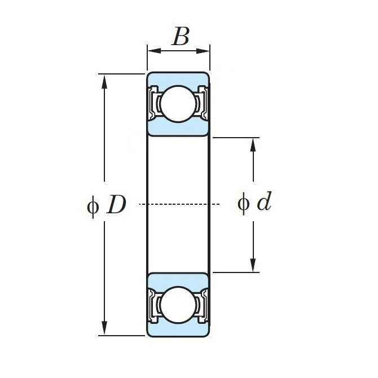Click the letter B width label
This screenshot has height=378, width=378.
pyautogui.click(x=181, y=37)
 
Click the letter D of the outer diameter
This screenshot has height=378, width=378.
pyautogui.click(x=116, y=204)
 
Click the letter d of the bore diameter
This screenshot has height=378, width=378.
pyautogui.click(x=265, y=201)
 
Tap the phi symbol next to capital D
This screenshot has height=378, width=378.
pyautogui.click(x=93, y=206)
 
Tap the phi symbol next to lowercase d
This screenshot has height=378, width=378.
pyautogui.click(x=244, y=204)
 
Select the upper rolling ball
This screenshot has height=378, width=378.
pyautogui.click(x=178, y=104)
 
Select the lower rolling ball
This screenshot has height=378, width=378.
pyautogui.click(x=178, y=305)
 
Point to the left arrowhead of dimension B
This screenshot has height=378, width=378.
pyautogui.click(x=154, y=51)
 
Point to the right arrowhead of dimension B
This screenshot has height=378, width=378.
pyautogui.click(x=203, y=51)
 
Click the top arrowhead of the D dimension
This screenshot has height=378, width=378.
pyautogui.click(x=104, y=82)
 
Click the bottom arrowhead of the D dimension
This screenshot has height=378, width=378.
pyautogui.click(x=104, y=328)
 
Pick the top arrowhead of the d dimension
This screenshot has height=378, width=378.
pyautogui.click(x=253, y=145)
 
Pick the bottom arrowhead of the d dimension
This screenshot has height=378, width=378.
pyautogui.click(x=253, y=265)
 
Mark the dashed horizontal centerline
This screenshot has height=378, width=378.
pyautogui.click(x=179, y=204)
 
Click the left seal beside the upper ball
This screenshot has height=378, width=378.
pyautogui.click(x=153, y=103)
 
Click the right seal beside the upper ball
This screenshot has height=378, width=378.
pyautogui.click(x=203, y=103)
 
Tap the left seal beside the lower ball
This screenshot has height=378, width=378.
pyautogui.click(x=153, y=306)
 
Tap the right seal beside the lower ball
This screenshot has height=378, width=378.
pyautogui.click(x=203, y=306)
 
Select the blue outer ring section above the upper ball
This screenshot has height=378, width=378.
pyautogui.click(x=178, y=79)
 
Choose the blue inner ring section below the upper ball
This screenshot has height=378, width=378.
pyautogui.click(x=178, y=128)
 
